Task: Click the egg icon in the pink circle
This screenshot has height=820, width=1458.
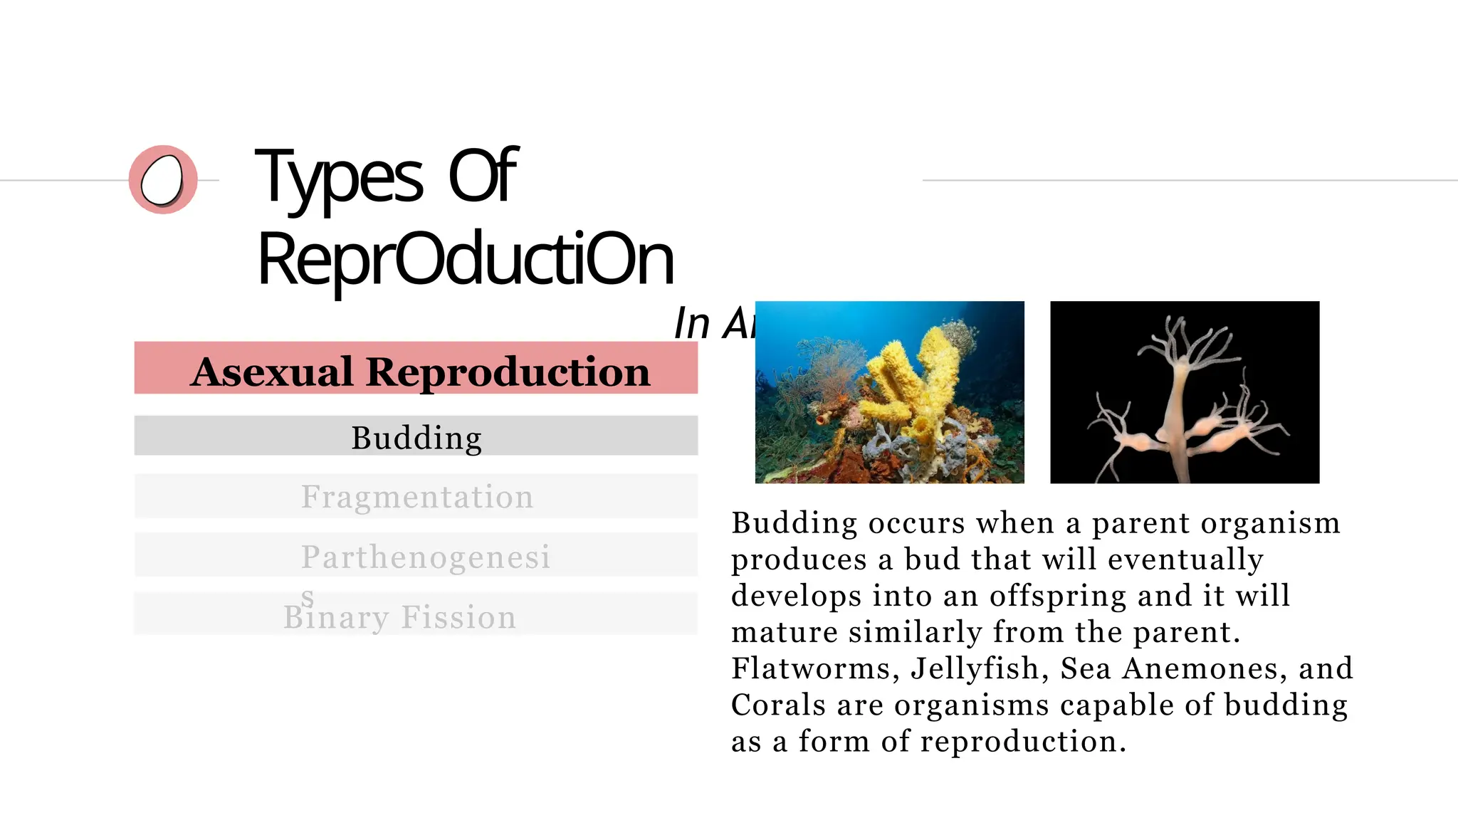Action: (x=162, y=180)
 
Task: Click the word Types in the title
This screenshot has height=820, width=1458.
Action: (x=340, y=176)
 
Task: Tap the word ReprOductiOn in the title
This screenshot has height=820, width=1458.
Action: (x=465, y=259)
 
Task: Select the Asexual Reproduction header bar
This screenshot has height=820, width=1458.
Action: (x=416, y=368)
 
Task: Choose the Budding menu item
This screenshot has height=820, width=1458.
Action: (x=416, y=436)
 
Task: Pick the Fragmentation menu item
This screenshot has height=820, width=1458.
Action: (x=416, y=496)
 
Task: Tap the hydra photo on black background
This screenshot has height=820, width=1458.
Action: (x=1185, y=392)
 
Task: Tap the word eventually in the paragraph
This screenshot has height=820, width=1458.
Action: (x=1185, y=559)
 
